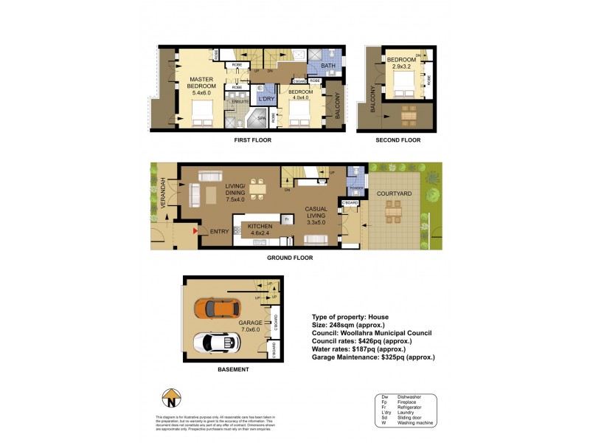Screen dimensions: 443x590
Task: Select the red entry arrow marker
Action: (195, 231)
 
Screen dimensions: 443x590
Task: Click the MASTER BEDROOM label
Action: (201, 85)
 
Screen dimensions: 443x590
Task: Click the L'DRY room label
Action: (266, 97)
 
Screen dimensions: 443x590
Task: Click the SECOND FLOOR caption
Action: (398, 140)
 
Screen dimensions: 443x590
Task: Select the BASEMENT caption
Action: (232, 369)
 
